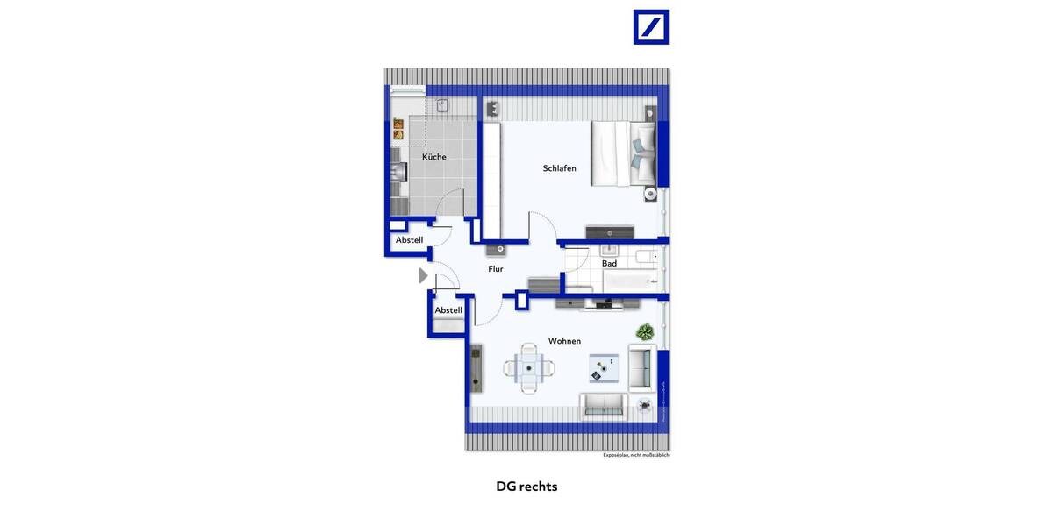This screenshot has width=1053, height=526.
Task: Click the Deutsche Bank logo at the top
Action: (x=651, y=27)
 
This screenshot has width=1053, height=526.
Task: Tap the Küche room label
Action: (x=433, y=157)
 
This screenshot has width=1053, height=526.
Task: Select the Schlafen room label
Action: (x=559, y=168)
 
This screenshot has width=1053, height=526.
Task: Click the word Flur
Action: (x=496, y=269)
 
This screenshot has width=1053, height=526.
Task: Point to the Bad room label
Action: (x=609, y=264)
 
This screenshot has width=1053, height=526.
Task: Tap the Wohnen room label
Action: (x=564, y=341)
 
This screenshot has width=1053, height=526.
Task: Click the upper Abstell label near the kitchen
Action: (x=409, y=240)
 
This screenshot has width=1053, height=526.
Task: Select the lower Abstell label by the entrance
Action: (x=448, y=310)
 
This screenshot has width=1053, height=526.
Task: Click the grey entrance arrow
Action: (x=423, y=275)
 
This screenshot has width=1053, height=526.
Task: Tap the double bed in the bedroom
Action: (x=623, y=153)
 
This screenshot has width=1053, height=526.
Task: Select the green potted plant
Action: (x=645, y=332)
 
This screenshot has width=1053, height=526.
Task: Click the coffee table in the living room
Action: (x=604, y=368)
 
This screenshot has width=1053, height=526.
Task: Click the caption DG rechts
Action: (x=526, y=487)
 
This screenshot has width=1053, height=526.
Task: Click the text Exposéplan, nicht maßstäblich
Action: (x=635, y=455)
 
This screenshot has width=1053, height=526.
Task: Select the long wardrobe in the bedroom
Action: (x=491, y=180)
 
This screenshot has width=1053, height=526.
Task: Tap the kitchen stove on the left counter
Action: (x=398, y=172)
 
